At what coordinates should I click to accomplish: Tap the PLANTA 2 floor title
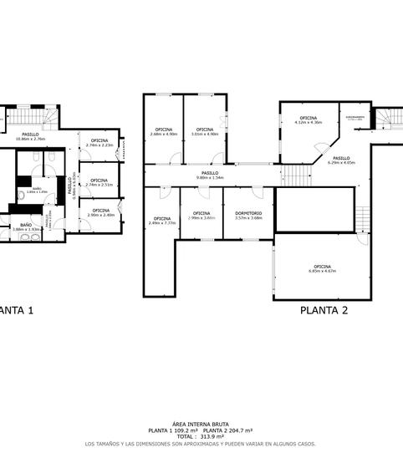(x=324, y=309)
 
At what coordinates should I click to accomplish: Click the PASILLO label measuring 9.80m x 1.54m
(x=210, y=175)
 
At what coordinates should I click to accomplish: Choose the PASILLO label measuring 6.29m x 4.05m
(x=341, y=160)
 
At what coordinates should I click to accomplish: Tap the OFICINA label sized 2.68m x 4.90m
(x=163, y=131)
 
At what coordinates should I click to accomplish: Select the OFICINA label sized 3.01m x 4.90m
(x=205, y=131)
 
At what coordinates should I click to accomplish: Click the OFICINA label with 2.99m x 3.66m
(x=201, y=215)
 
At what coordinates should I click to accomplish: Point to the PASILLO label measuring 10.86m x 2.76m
(x=30, y=136)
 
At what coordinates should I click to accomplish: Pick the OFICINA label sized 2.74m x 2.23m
(x=99, y=142)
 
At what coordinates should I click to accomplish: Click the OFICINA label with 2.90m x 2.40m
(x=100, y=212)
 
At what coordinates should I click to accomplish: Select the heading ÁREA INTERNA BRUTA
(x=201, y=424)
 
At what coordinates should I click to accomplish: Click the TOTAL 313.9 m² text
(x=201, y=436)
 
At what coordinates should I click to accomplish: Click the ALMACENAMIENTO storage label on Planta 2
(x=355, y=119)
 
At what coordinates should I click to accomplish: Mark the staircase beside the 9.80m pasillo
(x=293, y=175)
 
